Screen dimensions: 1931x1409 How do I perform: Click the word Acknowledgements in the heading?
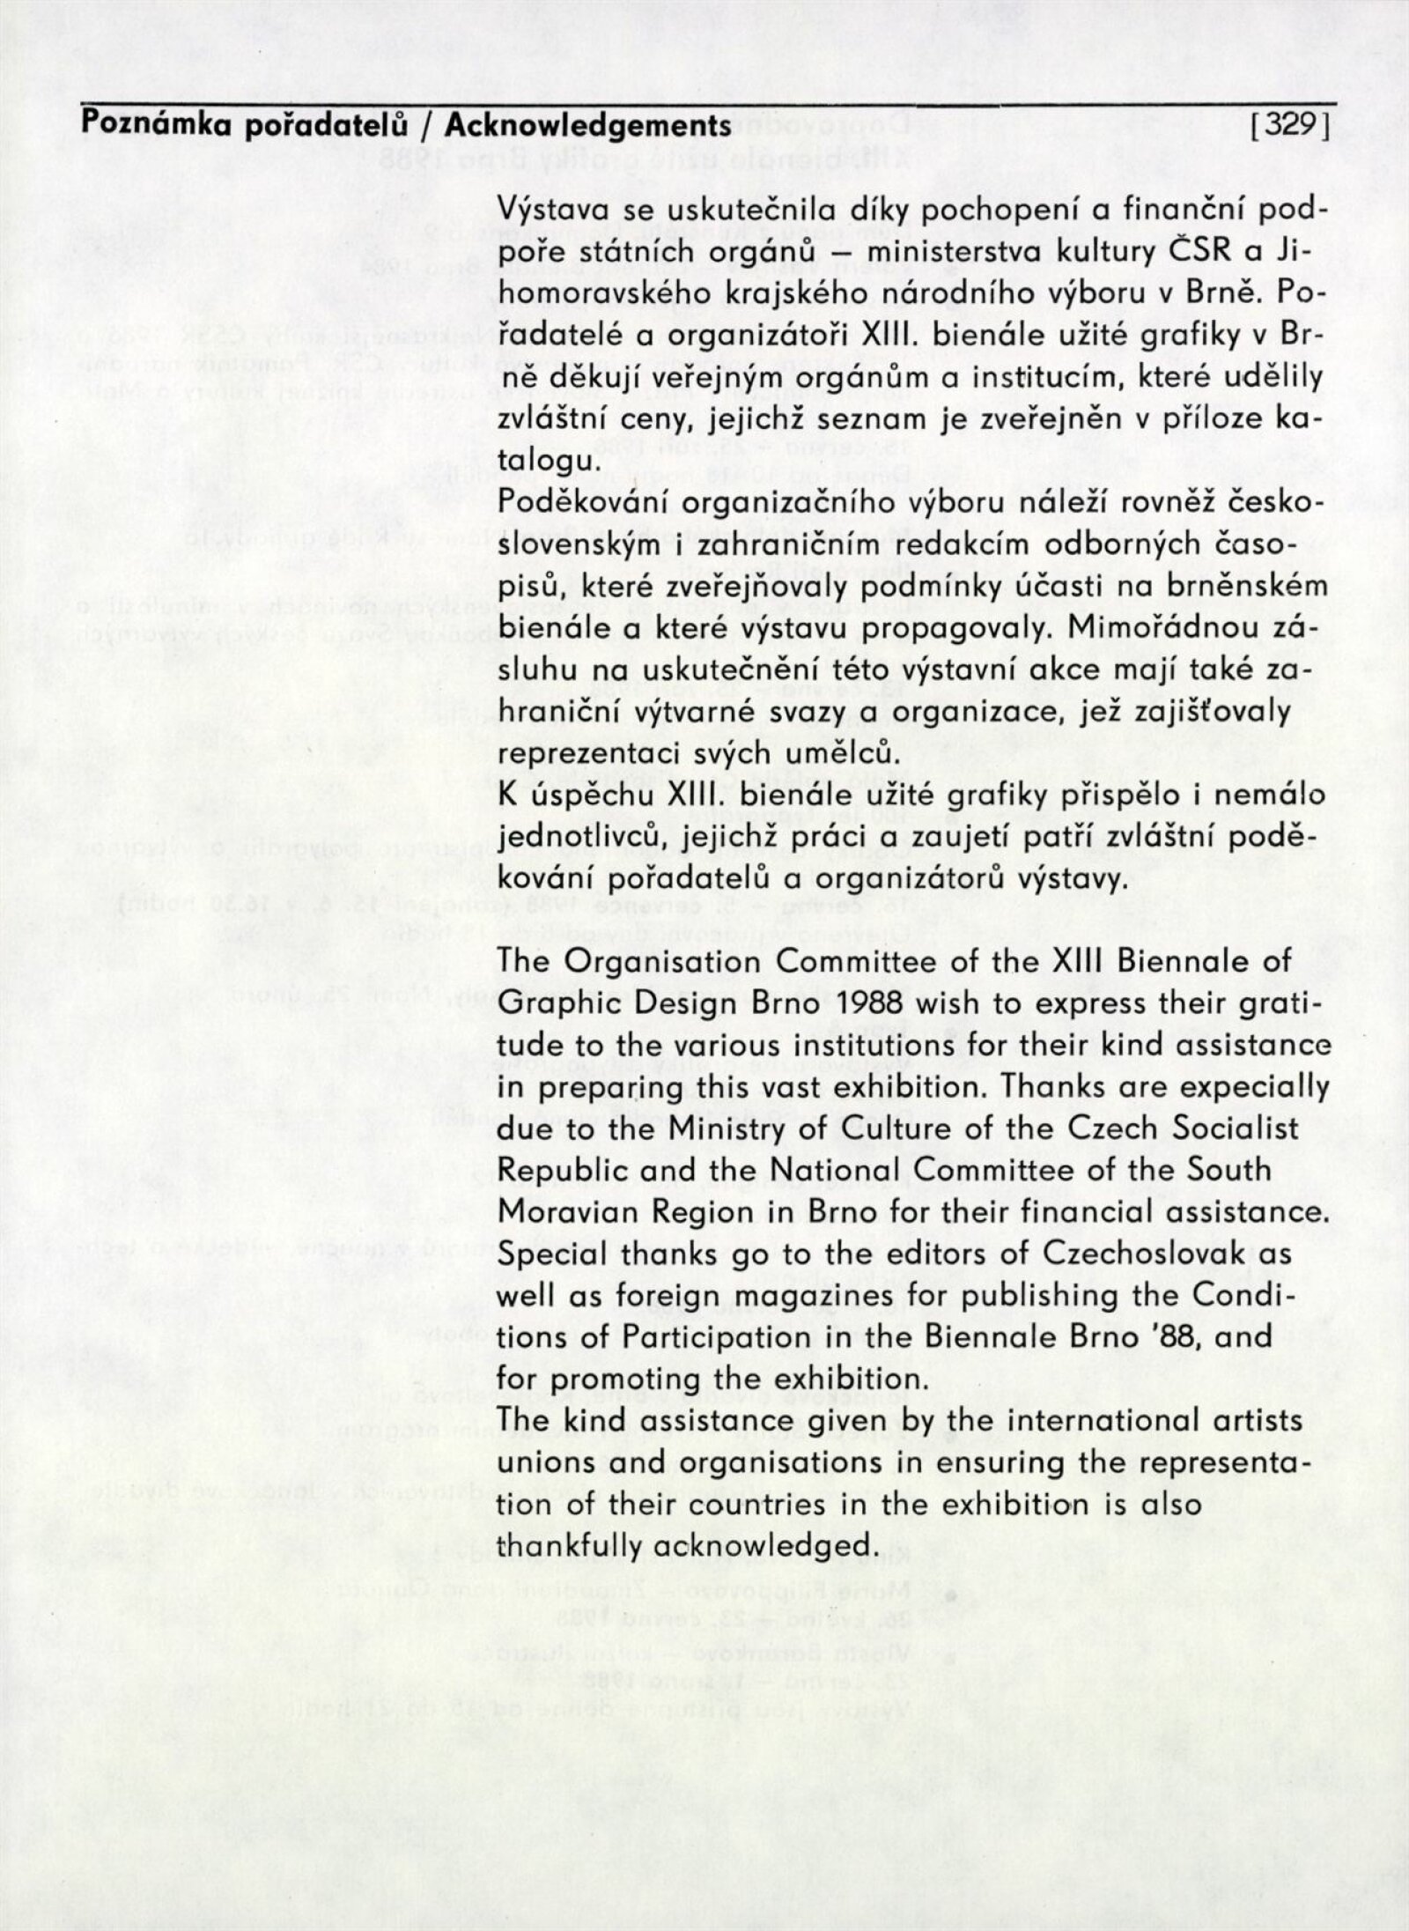coord(587,126)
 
